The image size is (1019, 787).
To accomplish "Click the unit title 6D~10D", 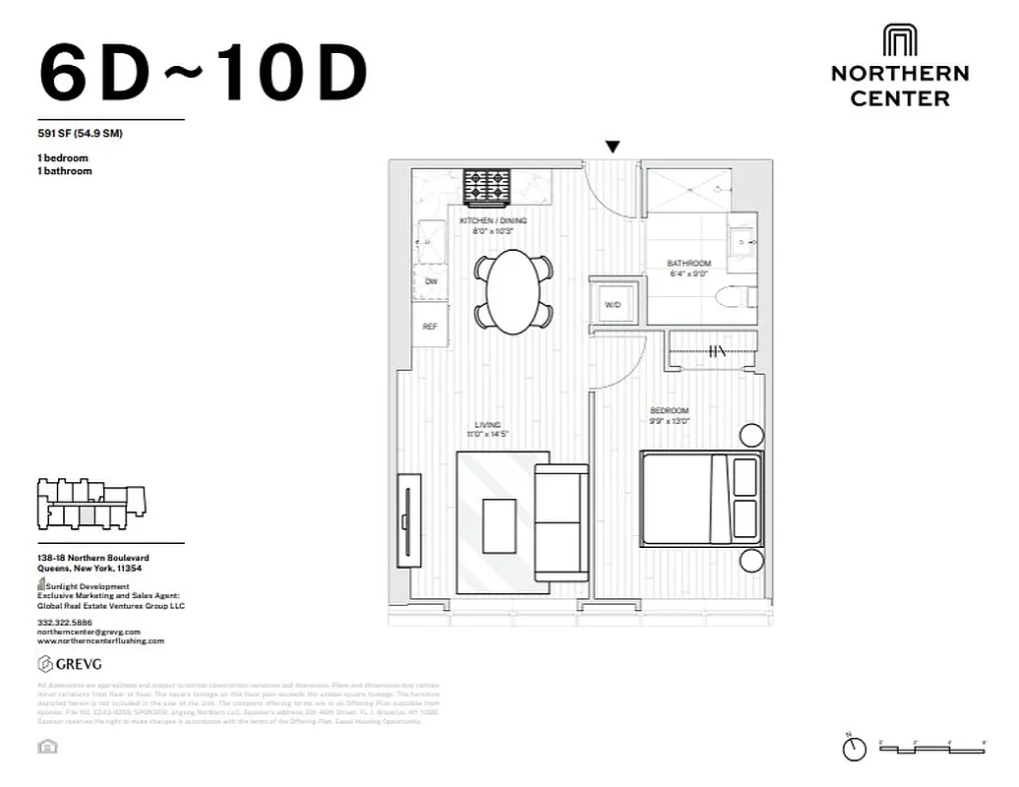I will [x=203, y=75].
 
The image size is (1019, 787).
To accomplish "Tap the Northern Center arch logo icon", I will [x=899, y=41].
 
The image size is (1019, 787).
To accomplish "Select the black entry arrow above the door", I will [x=613, y=148].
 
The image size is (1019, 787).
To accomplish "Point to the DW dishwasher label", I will [x=431, y=281].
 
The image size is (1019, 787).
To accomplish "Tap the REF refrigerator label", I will [x=430, y=327].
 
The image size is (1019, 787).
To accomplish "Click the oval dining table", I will [x=513, y=290].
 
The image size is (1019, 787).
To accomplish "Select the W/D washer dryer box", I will [x=613, y=305].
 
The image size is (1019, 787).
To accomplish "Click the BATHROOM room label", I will [x=689, y=264].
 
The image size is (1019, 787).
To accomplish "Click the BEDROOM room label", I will [x=669, y=410].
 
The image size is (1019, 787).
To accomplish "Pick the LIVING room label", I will [x=488, y=425].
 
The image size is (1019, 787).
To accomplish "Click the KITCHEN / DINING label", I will [x=493, y=221].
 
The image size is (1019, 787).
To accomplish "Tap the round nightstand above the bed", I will [x=751, y=435].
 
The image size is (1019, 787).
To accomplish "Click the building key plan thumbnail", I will [x=90, y=502].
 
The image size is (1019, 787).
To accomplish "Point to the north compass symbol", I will [x=854, y=749].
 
